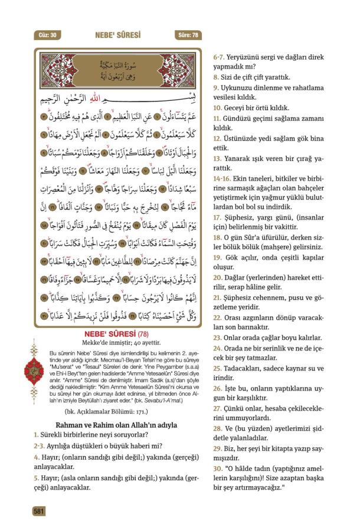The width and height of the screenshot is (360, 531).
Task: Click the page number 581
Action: [x=39, y=511]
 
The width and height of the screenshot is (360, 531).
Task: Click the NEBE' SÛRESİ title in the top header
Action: [x=117, y=35]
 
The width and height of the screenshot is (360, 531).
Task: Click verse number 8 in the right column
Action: [x=216, y=77]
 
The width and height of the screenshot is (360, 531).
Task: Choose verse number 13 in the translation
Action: [x=218, y=159]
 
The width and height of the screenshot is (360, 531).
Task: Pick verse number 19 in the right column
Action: [x=218, y=257]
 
